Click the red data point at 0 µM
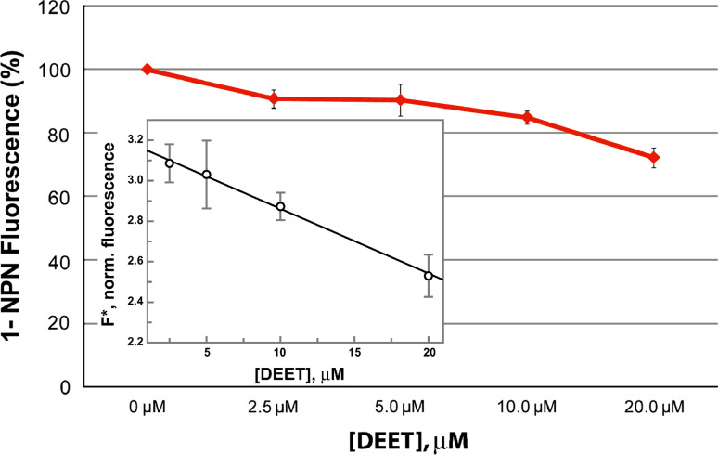[x=147, y=70]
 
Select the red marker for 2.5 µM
[x=274, y=98]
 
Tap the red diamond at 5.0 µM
[x=400, y=99]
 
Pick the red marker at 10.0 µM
[x=527, y=117]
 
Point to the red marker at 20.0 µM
[x=654, y=158]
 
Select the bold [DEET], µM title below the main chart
[x=400, y=437]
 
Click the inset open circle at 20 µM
[x=429, y=276]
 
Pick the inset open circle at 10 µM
[x=281, y=206]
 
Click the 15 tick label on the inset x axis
[x=354, y=353]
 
